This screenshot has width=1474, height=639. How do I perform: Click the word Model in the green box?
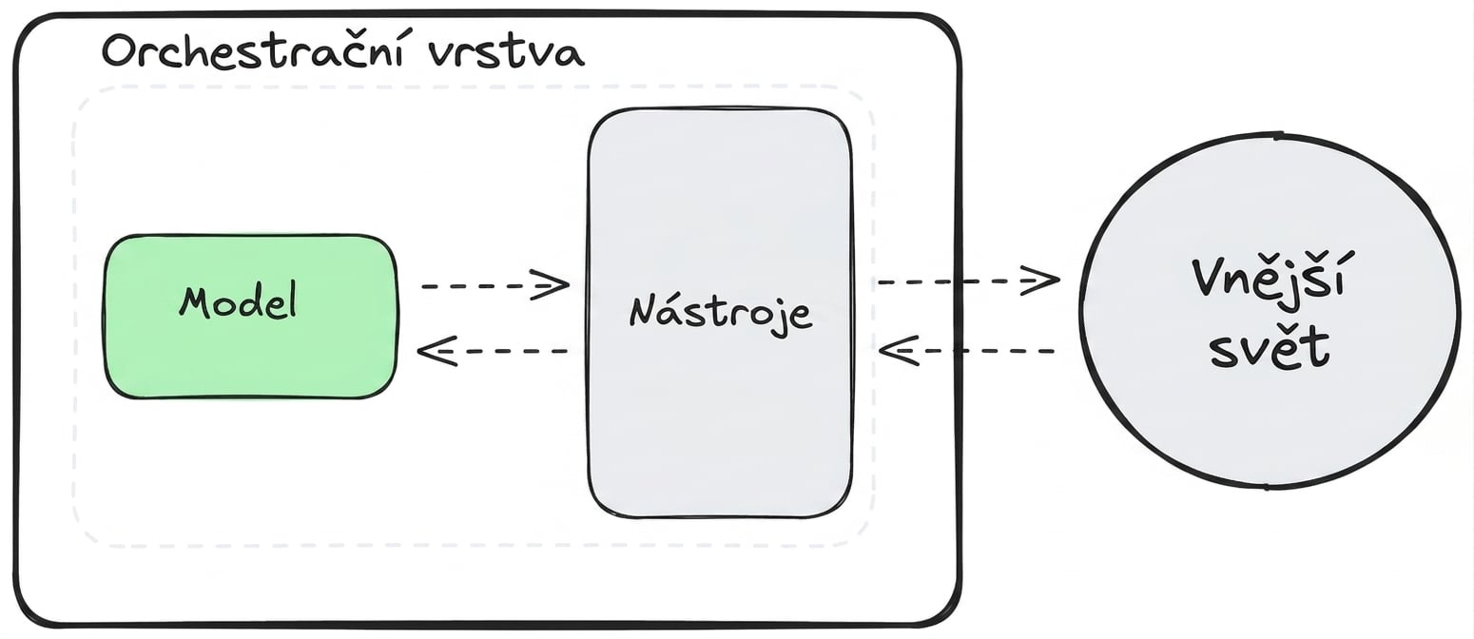(x=238, y=302)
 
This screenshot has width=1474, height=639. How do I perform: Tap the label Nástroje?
(x=721, y=313)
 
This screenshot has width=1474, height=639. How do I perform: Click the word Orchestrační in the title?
(x=253, y=52)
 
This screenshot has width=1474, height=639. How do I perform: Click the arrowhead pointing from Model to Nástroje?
(x=552, y=285)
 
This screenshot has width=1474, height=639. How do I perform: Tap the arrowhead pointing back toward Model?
(x=436, y=352)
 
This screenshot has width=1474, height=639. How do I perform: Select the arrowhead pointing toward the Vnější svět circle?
(x=1039, y=280)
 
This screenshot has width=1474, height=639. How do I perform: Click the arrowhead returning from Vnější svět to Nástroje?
(x=899, y=351)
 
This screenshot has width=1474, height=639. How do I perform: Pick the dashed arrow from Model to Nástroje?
(x=495, y=285)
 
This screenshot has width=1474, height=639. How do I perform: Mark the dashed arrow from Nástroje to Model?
(x=493, y=352)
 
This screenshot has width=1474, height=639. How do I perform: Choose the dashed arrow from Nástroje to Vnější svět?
(x=969, y=281)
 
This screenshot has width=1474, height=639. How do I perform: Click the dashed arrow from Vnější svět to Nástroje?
(x=966, y=351)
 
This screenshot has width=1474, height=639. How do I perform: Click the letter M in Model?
(x=196, y=303)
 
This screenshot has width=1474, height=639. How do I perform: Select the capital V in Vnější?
(x=1211, y=279)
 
